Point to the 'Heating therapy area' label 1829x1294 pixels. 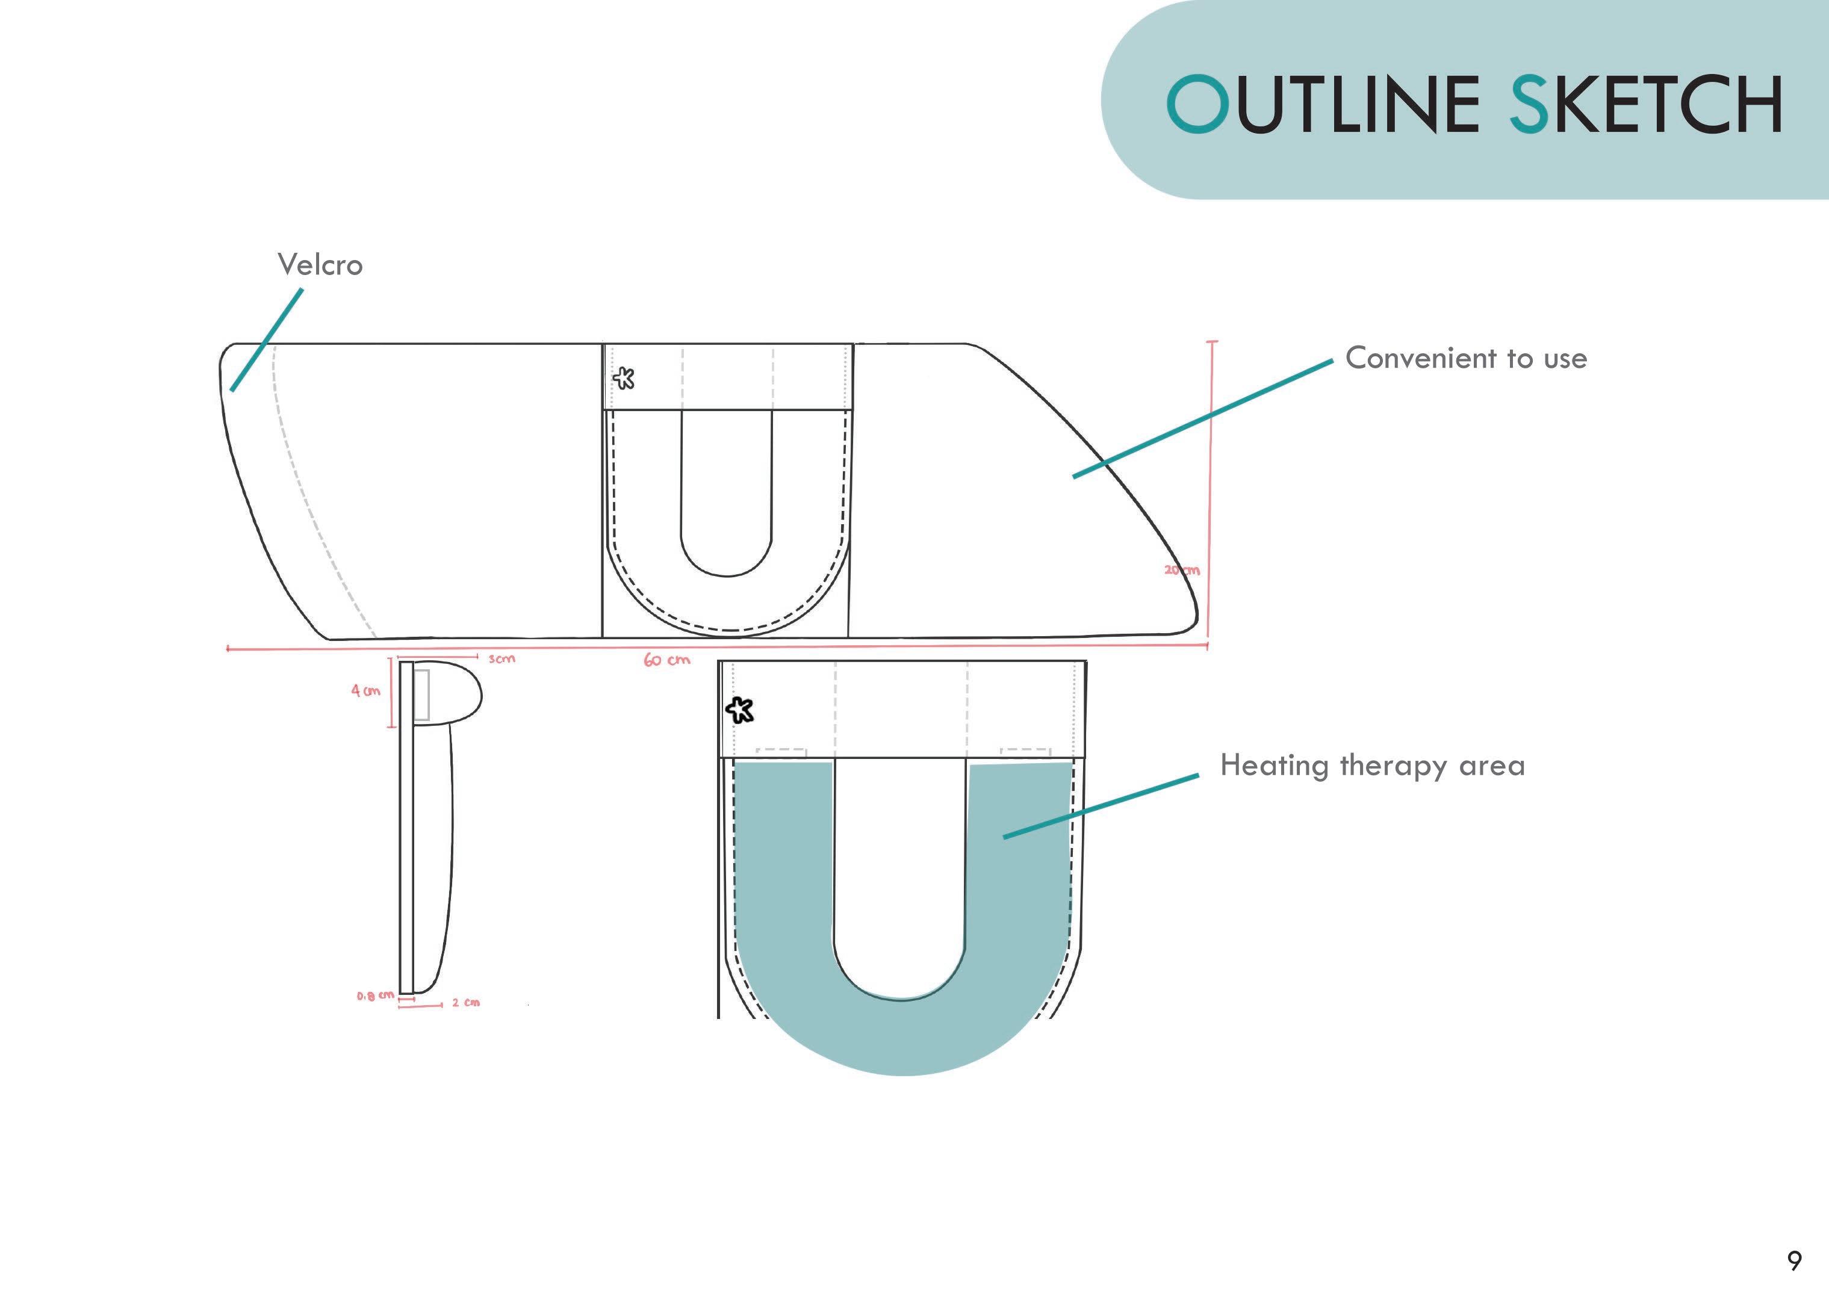(x=1372, y=766)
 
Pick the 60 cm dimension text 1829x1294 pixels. (x=667, y=660)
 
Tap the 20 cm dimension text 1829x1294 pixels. (x=1182, y=570)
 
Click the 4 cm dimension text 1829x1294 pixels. (x=366, y=691)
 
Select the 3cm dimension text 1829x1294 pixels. (x=502, y=659)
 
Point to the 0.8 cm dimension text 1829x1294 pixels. (x=374, y=996)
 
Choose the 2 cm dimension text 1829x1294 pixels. (x=466, y=1002)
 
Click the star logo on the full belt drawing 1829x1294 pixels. (x=624, y=378)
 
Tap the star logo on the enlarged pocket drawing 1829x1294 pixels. (x=739, y=709)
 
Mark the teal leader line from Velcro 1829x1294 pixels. (x=267, y=339)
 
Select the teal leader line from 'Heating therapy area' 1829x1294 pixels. (x=1100, y=805)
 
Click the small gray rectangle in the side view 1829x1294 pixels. (x=421, y=695)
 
